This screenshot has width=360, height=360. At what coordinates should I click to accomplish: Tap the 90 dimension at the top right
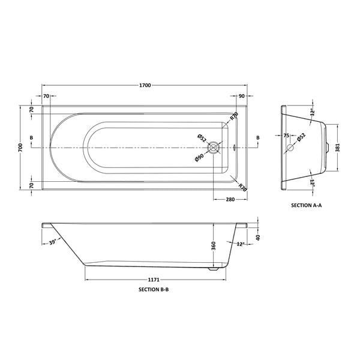(x=241, y=96)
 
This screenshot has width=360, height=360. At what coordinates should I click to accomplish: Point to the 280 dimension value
(x=230, y=199)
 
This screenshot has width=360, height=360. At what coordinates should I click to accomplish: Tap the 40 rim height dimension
(x=258, y=238)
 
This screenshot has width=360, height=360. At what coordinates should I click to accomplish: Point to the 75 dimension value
(x=286, y=136)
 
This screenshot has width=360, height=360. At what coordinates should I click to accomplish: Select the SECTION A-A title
(x=307, y=205)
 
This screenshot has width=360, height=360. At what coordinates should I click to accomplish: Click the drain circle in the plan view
(x=213, y=147)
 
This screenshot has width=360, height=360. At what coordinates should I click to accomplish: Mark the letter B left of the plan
(x=31, y=138)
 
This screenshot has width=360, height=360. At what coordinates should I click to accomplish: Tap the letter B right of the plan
(x=258, y=138)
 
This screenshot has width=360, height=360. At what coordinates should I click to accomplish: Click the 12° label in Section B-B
(x=241, y=244)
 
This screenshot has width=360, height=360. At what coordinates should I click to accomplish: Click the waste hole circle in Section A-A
(x=290, y=147)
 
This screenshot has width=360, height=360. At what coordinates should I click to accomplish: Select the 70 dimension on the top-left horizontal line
(x=46, y=96)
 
